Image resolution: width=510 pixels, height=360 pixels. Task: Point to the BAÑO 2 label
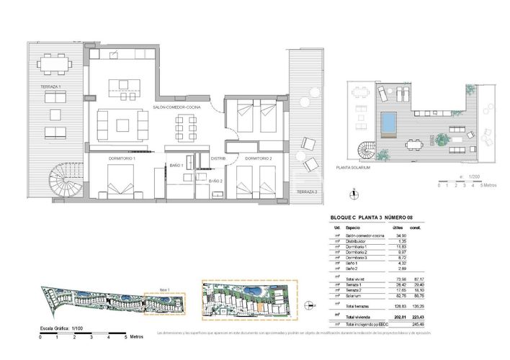(215, 181)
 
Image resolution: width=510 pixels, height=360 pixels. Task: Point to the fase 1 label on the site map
(164, 289)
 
